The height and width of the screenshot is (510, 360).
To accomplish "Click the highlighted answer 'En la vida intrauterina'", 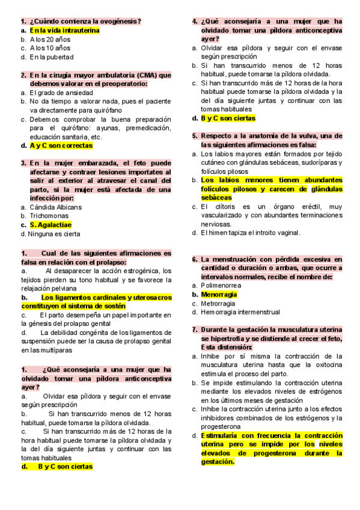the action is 64,29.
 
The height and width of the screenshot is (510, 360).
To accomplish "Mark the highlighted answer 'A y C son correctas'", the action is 61,146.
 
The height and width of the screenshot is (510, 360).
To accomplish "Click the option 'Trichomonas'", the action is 51,216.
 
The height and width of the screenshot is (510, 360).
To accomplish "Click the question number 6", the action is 195,259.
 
